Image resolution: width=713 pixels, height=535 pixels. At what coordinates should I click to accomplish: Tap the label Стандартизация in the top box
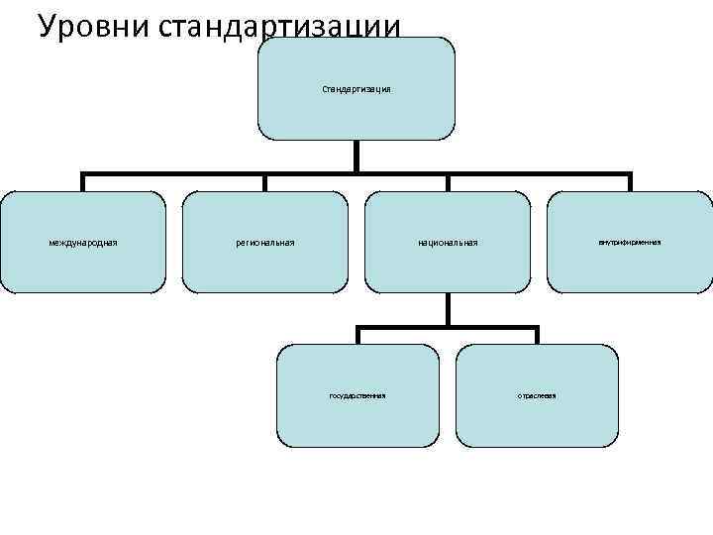pos(356,89)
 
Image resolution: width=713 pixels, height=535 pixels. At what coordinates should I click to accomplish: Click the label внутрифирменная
pos(630,242)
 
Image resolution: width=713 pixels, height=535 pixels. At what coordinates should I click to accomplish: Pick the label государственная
pos(357,395)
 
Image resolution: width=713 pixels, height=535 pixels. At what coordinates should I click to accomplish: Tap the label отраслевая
pos(538,395)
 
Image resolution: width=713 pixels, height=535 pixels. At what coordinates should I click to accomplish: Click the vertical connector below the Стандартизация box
pos(356,156)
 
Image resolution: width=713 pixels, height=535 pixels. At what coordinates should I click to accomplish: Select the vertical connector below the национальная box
pos(448,309)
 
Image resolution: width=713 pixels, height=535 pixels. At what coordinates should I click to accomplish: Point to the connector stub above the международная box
pos(82,183)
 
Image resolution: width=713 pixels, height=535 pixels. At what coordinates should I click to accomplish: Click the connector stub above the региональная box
pos(265,183)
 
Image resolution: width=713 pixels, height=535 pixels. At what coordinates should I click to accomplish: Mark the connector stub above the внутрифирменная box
pos(630,183)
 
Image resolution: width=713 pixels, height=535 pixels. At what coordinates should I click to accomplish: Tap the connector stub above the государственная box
pos(357,336)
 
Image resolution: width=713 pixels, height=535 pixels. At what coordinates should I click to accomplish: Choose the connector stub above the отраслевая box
pos(538,336)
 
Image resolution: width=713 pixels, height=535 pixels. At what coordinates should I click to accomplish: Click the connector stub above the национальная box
pos(448,183)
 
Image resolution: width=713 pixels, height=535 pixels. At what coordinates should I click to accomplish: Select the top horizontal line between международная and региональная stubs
pos(173,174)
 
